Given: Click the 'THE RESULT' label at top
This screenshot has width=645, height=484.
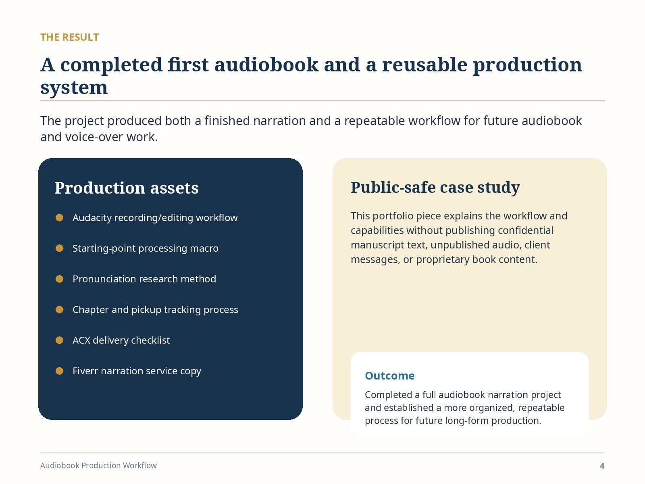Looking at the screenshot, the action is pos(69,38).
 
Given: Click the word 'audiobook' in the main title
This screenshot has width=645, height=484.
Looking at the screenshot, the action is pos(266,65).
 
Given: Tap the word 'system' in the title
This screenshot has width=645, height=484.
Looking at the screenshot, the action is pos(74,88).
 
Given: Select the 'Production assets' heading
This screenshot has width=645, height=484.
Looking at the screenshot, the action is pos(126,188).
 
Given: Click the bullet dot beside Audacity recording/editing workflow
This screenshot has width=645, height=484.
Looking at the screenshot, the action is pos(59,217).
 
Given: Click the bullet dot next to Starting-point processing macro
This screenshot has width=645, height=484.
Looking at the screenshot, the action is pos(59,248).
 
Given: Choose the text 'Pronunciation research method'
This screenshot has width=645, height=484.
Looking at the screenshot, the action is pos(144,279).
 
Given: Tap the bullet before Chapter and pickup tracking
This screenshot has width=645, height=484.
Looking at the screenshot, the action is pos(59,309).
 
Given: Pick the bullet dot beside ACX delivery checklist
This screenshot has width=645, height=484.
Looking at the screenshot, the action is pos(59,340).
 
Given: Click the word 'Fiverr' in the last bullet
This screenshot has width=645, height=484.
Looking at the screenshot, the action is pos(85,371).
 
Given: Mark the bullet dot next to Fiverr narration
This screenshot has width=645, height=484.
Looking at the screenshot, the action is pos(59,371).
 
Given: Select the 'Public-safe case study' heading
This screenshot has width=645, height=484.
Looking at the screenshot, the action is pos(435,187).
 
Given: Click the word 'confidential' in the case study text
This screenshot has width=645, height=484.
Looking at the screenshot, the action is pos(525,230).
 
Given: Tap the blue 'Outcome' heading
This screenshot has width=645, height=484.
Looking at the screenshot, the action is pos(390,376).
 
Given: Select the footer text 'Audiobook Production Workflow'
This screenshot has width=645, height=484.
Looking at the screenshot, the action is pos(98,465).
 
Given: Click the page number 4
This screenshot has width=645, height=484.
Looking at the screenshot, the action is pos(602,466).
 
